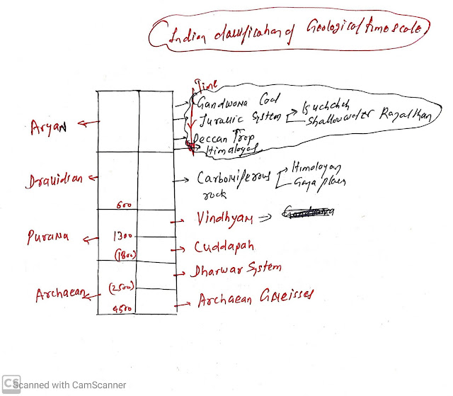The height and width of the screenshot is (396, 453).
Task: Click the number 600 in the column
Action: (x=125, y=204)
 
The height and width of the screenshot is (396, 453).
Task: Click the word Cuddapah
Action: (x=224, y=248)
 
